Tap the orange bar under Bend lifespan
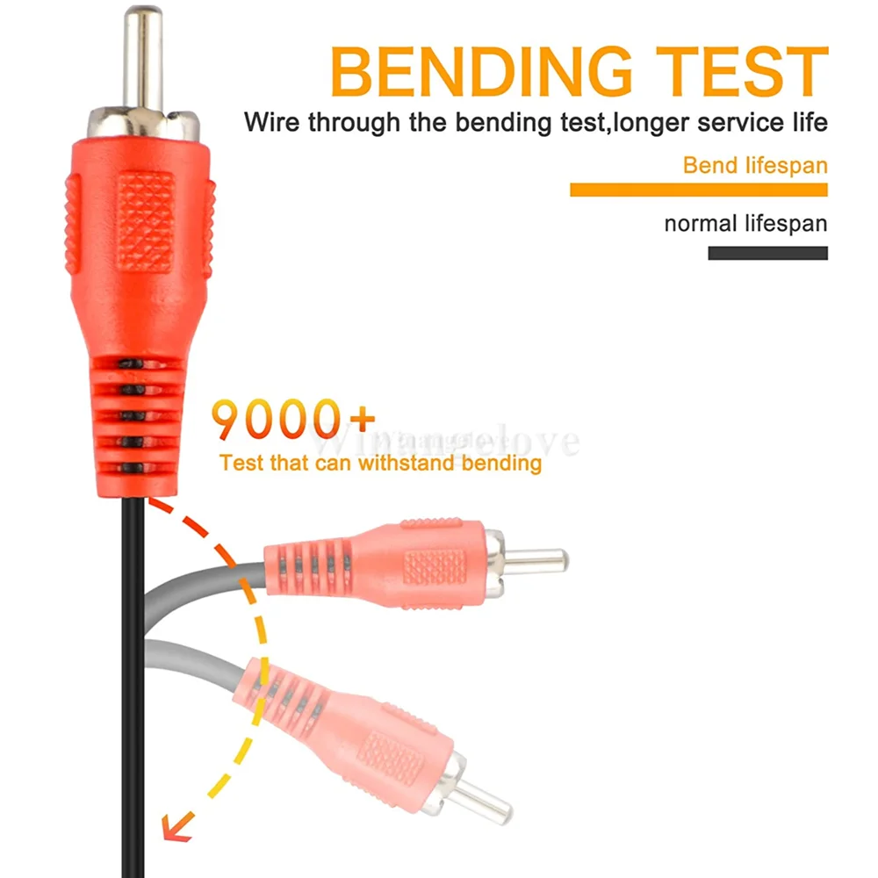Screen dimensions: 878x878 click(698, 190)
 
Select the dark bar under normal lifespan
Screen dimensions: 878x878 click(767, 253)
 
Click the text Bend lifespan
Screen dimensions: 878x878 click(755, 165)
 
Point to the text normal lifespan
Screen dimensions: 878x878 click(745, 223)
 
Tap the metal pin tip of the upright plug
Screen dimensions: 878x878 click(143, 53)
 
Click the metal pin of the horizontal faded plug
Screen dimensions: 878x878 click(537, 558)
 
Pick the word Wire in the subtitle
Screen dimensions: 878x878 click(272, 122)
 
